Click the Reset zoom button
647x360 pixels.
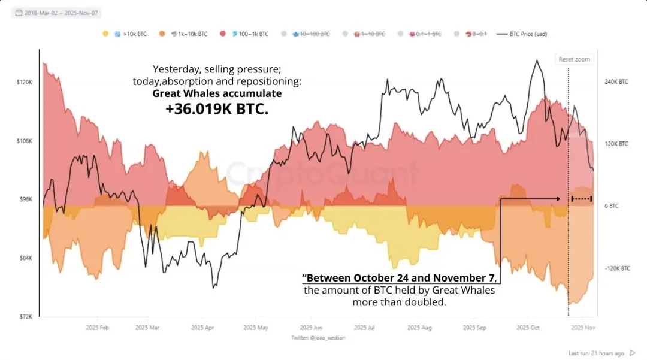coord(574,59)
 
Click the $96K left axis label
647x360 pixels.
coord(25,199)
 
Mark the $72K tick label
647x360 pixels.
coord(25,316)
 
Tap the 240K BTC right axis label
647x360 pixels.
coord(616,81)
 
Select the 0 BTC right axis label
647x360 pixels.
coord(610,206)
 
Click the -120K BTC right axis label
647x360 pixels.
coord(616,268)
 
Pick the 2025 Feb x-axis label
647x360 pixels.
coord(97,328)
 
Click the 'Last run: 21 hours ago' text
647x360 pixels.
coord(596,353)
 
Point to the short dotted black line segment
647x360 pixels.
coord(582,198)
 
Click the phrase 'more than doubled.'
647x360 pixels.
coord(400,302)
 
